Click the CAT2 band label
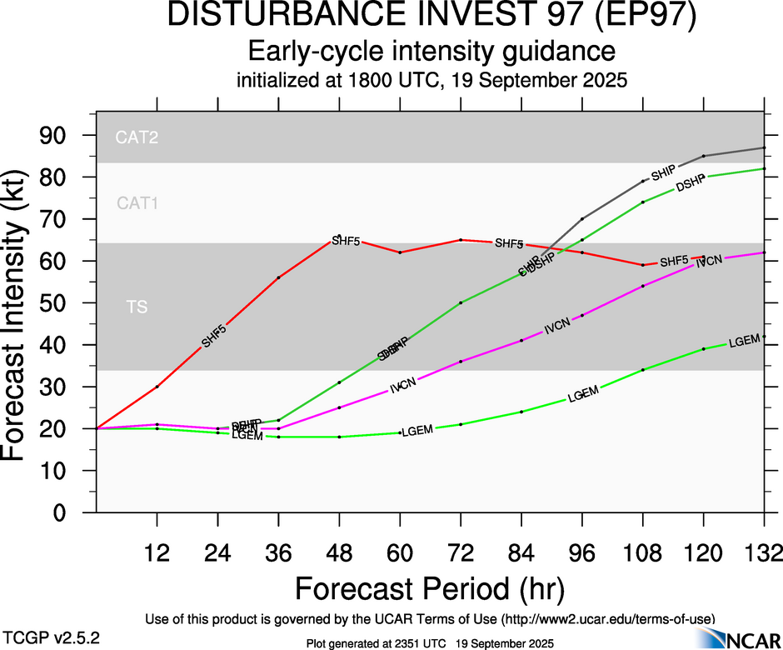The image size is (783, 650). (x=137, y=139)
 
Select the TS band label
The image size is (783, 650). (x=137, y=307)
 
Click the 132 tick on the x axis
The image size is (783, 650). (x=764, y=552)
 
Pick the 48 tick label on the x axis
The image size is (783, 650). (x=340, y=552)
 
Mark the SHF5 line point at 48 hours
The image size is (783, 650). (x=340, y=240)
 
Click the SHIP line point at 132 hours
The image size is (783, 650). (x=764, y=147)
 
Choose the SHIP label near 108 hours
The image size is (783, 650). (x=663, y=173)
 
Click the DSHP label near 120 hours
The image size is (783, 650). (x=691, y=185)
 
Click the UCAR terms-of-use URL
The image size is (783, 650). (x=609, y=619)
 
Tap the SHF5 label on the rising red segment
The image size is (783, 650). (x=214, y=336)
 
